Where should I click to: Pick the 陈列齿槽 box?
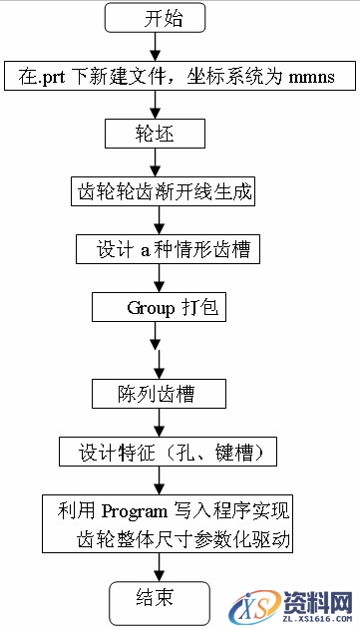pyautogui.click(x=158, y=393)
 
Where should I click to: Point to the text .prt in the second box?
pyautogui.click(x=49, y=76)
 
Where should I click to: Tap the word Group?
pyautogui.click(x=150, y=307)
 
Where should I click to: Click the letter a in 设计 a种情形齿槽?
pyautogui.click(x=144, y=249)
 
